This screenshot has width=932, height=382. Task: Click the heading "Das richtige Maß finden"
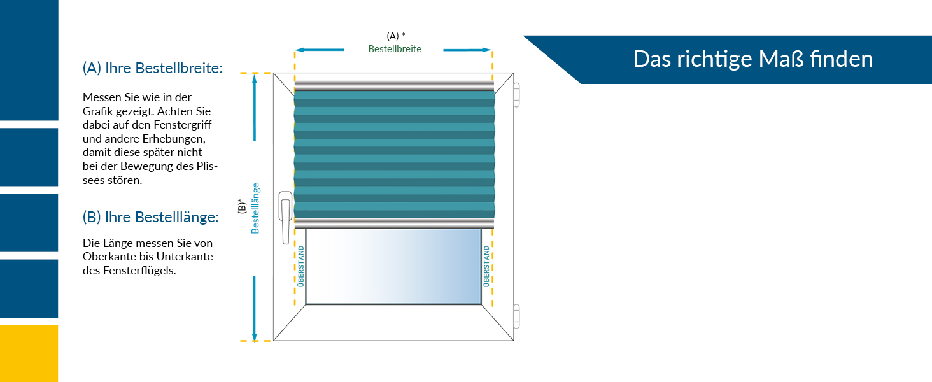pyautogui.click(x=752, y=59)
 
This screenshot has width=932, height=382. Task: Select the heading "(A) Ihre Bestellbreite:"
pyautogui.click(x=153, y=68)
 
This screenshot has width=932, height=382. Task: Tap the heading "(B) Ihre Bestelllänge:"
pyautogui.click(x=150, y=217)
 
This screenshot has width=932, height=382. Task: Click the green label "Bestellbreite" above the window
pyautogui.click(x=395, y=49)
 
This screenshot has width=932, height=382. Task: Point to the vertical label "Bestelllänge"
pyautogui.click(x=255, y=208)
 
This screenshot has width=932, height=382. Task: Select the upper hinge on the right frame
pyautogui.click(x=516, y=94)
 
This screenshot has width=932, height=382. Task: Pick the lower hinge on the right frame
pyautogui.click(x=516, y=317)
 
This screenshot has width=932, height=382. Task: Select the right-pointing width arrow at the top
pyautogui.click(x=468, y=50)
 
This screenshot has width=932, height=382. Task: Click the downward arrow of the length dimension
pyautogui.click(x=254, y=309)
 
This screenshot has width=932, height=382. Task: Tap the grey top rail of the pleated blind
pyautogui.click(x=394, y=85)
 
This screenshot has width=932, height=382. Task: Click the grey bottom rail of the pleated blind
pyautogui.click(x=394, y=222)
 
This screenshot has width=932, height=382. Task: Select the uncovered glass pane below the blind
pyautogui.click(x=393, y=266)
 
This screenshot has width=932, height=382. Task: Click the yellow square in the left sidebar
pyautogui.click(x=29, y=353)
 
